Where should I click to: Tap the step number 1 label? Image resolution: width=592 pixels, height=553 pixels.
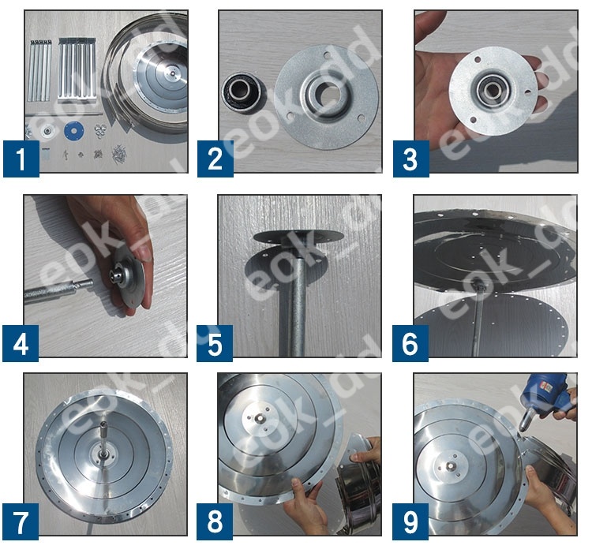pyautogui.click(x=21, y=159)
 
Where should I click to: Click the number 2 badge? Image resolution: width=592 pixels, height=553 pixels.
pyautogui.click(x=215, y=159)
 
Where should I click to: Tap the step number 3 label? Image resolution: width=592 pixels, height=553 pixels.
pyautogui.click(x=410, y=159)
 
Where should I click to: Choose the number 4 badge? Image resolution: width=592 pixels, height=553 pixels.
pyautogui.click(x=21, y=343)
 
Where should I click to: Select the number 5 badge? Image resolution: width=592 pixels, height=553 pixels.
pyautogui.click(x=215, y=343)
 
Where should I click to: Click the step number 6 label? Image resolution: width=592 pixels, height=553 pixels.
pyautogui.click(x=410, y=343)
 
